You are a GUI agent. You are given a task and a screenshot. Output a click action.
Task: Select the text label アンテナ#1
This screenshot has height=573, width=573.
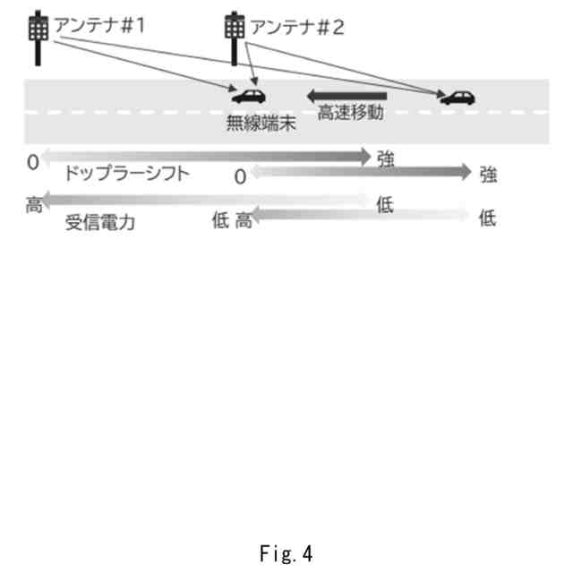[x=99, y=25]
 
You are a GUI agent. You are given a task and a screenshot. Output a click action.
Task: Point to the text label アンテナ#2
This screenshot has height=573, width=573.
[x=296, y=27]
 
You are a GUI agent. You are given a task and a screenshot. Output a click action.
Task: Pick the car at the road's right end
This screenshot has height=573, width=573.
[x=458, y=98]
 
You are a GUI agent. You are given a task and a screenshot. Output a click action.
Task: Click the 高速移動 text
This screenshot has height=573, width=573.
[x=350, y=114]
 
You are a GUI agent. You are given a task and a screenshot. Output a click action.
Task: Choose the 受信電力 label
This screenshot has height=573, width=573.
[x=101, y=223]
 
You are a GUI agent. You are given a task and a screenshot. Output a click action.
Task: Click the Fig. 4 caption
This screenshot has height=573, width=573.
[x=286, y=554]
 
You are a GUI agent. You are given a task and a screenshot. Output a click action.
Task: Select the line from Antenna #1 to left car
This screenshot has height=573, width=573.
[x=143, y=63]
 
